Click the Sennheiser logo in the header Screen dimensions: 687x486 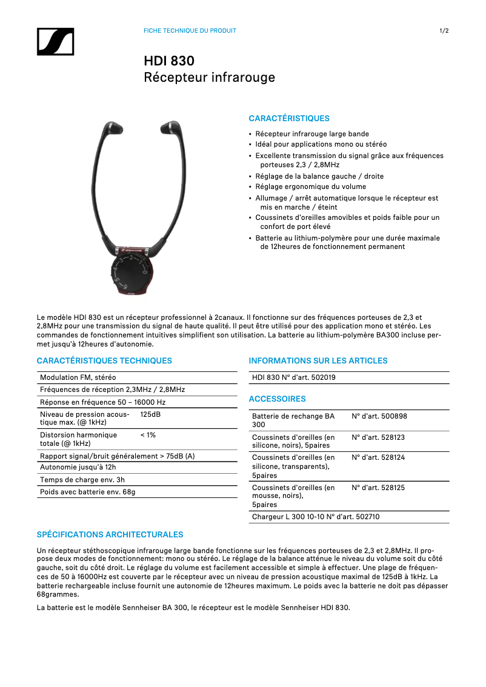(55, 41)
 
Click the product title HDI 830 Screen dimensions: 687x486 (169, 61)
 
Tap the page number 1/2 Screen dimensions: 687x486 (444, 31)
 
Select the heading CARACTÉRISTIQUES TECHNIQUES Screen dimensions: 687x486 (104, 360)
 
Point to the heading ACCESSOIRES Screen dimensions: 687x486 (277, 399)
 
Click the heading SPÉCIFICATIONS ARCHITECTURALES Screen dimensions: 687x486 (110, 534)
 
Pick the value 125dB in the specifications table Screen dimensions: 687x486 (150, 414)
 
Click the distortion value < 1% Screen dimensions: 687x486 (148, 435)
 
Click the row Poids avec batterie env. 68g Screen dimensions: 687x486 (88, 491)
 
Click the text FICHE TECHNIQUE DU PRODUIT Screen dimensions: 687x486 (190, 31)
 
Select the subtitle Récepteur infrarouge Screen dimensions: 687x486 (209, 78)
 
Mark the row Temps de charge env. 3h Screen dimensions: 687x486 (82, 479)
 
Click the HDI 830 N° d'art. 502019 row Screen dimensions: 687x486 (294, 377)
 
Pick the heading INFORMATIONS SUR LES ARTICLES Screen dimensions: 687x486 (318, 360)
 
